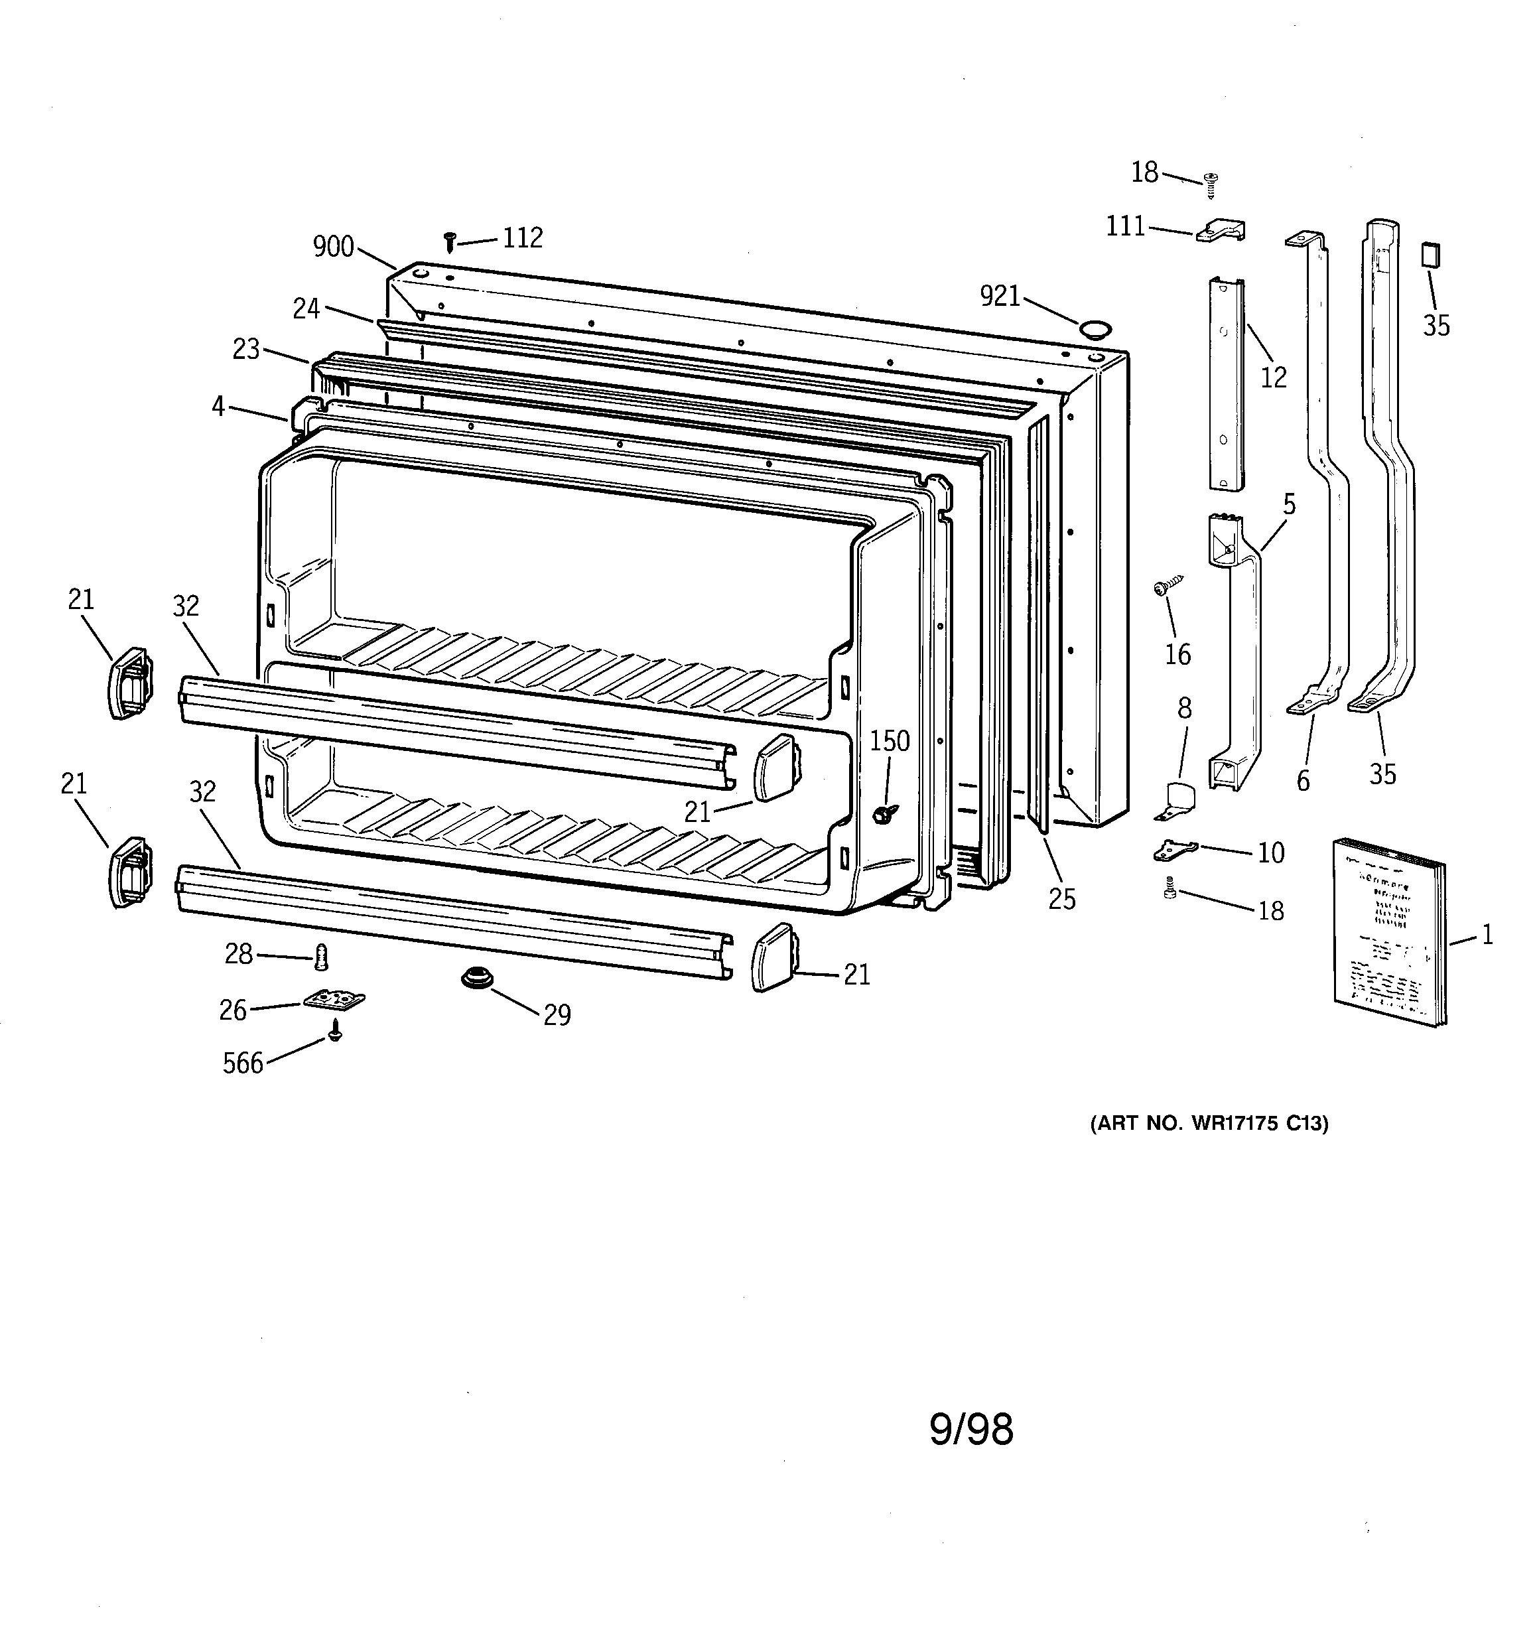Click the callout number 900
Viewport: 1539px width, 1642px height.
(x=333, y=247)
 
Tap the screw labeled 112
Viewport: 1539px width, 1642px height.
(x=449, y=241)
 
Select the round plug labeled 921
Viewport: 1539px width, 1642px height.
(x=1097, y=330)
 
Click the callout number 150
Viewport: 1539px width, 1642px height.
(x=889, y=741)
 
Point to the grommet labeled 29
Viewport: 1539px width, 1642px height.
(x=477, y=978)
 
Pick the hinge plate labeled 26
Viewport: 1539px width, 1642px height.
(x=334, y=1000)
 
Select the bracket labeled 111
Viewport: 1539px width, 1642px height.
(x=1221, y=232)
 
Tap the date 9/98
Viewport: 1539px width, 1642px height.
(x=970, y=1429)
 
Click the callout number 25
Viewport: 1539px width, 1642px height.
(x=1061, y=899)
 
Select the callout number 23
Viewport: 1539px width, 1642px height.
(x=246, y=350)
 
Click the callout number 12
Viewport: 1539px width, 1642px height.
(x=1273, y=377)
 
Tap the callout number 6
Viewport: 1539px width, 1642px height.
(x=1303, y=780)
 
